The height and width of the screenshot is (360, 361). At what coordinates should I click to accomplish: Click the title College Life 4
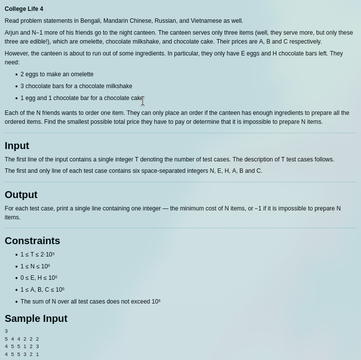[24, 9]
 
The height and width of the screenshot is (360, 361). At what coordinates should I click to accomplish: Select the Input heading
[17, 146]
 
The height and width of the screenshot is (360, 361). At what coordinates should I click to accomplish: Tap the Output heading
[21, 195]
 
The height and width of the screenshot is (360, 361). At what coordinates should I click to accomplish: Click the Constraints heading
[32, 241]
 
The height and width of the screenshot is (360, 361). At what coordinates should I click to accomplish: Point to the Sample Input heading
[36, 318]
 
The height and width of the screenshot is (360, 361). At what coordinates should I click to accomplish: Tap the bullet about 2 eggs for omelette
[57, 74]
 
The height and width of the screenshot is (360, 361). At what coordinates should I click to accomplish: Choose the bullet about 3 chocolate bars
[76, 86]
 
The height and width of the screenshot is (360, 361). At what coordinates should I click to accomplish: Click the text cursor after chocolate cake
[142, 101]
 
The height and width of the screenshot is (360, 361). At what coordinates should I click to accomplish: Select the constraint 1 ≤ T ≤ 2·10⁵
[37, 255]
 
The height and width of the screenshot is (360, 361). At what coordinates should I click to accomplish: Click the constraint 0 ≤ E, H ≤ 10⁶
[39, 278]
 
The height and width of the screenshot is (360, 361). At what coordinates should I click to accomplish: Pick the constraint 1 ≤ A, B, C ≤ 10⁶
[42, 290]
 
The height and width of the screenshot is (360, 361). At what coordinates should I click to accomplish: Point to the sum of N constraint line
[90, 302]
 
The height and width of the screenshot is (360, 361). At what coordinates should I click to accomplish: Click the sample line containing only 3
[6, 331]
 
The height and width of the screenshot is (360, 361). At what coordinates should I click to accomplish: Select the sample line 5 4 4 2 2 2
[22, 339]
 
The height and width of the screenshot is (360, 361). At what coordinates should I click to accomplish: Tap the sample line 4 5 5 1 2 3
[22, 347]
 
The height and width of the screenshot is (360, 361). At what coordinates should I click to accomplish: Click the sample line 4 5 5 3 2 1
[22, 355]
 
